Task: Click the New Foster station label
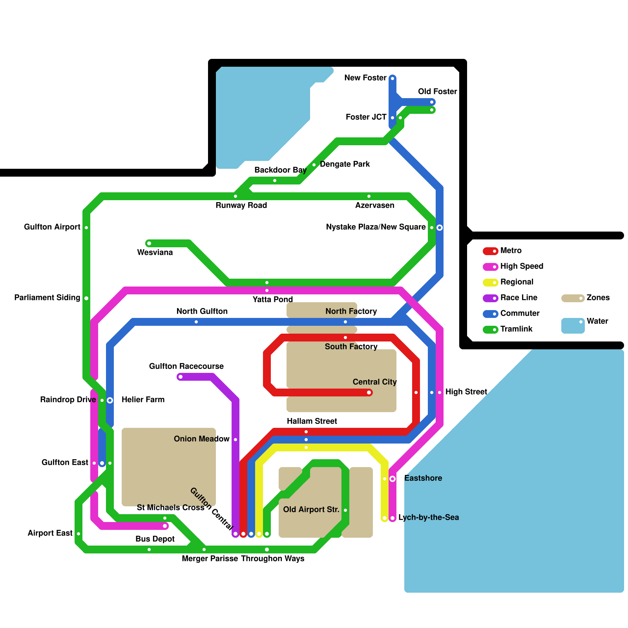[365, 78]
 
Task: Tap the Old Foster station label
[437, 91]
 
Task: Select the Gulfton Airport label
[52, 227]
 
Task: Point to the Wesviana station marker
[149, 243]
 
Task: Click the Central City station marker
[369, 392]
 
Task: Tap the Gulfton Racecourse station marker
[180, 377]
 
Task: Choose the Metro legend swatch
[490, 251]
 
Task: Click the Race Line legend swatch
[490, 298]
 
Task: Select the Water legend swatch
[573, 325]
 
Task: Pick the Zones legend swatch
[573, 298]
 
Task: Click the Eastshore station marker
[392, 478]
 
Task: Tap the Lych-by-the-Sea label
[428, 517]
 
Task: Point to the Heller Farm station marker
[110, 400]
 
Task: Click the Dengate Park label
[345, 164]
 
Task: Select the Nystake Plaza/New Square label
[376, 227]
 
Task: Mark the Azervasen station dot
[369, 196]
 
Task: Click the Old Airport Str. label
[311, 509]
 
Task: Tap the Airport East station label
[50, 533]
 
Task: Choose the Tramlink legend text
[516, 329]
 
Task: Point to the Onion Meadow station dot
[235, 440]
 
